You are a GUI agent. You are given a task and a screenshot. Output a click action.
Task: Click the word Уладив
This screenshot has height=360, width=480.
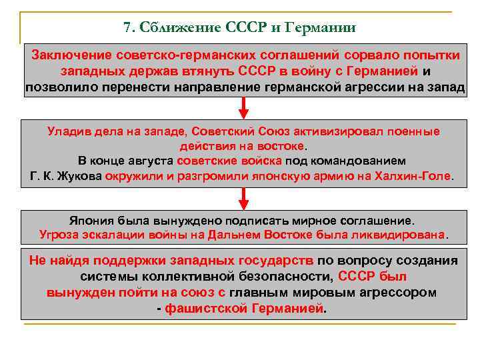tap(71, 131)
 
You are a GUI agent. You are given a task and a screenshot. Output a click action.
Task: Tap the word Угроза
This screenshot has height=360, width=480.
tap(63, 235)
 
